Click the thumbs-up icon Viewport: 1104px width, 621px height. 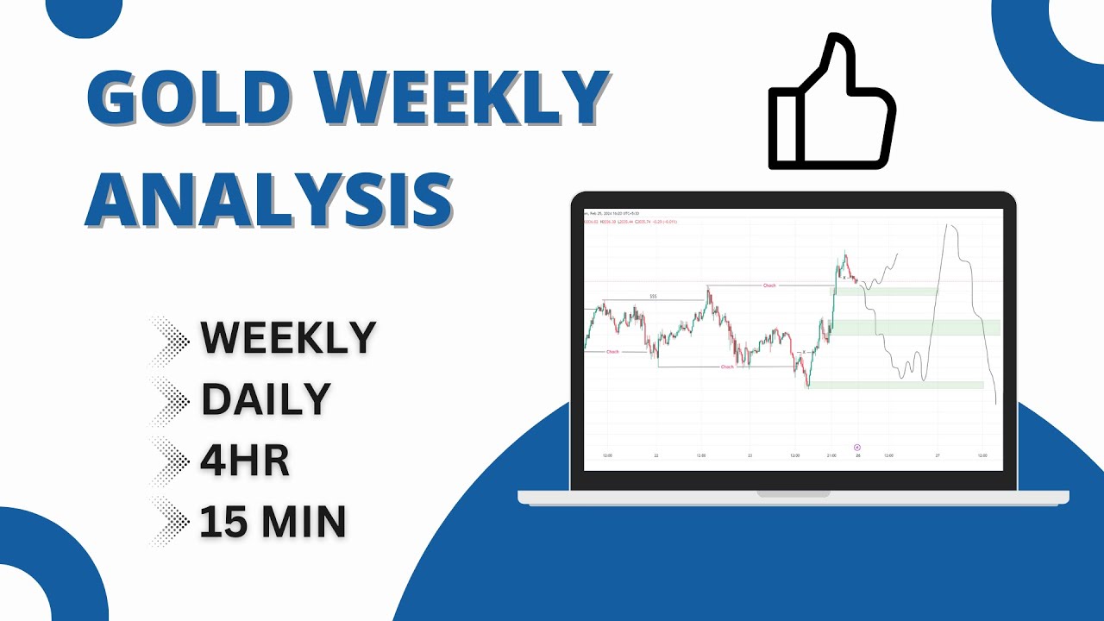tap(831, 103)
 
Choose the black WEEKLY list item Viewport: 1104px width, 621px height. tap(288, 337)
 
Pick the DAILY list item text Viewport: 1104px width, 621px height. tap(266, 399)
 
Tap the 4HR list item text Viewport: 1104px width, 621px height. tap(245, 461)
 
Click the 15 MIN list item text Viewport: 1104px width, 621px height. tap(273, 522)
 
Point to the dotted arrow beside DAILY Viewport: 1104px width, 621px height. tap(169, 399)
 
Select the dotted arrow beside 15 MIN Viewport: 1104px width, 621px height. tap(169, 522)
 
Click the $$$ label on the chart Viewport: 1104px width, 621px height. tap(653, 297)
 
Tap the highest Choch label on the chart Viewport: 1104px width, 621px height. tap(769, 285)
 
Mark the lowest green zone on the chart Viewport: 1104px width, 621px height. tap(894, 385)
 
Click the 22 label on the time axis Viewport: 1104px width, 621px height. tap(656, 455)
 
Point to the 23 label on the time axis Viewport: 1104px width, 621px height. tap(750, 455)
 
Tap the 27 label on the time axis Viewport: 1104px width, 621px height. tap(938, 455)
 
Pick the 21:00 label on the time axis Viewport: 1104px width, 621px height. tap(831, 455)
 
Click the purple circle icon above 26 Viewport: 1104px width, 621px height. tap(856, 447)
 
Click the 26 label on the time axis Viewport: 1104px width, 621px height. tap(857, 455)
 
